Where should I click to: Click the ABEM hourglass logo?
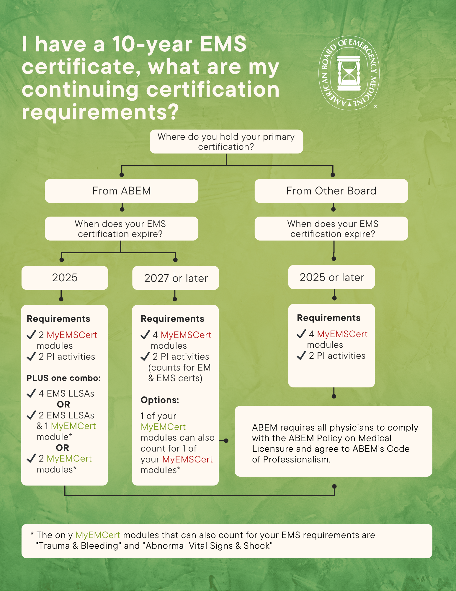[x=349, y=73]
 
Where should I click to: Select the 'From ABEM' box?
[x=121, y=191]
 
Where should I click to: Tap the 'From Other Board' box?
[x=331, y=191]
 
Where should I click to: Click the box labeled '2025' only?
[x=65, y=278]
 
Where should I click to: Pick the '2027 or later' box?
[x=176, y=278]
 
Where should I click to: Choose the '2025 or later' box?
[x=331, y=277]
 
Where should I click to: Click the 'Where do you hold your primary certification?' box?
[x=226, y=142]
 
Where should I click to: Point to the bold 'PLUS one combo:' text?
[x=63, y=378]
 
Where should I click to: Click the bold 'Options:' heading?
[x=160, y=400]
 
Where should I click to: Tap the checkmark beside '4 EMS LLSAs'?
[x=31, y=393]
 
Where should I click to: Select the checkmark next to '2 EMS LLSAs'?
[x=31, y=415]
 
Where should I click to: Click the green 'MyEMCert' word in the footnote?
[x=98, y=535]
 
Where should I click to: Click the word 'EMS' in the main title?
[x=223, y=44]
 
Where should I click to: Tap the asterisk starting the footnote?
[x=32, y=534]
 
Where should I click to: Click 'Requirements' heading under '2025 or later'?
[x=328, y=318]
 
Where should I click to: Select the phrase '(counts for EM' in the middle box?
[x=179, y=368]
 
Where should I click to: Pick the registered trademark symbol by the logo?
[x=375, y=107]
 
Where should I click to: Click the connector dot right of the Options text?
[x=226, y=441]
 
